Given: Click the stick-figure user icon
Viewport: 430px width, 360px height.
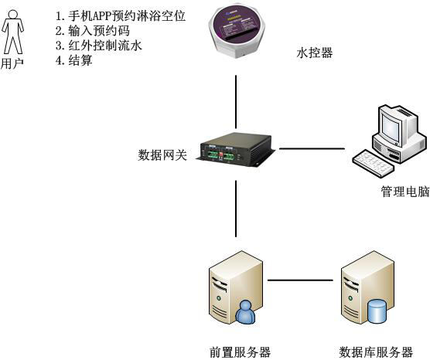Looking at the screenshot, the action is [13, 32].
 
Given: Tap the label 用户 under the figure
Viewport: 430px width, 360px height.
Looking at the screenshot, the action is [12, 63].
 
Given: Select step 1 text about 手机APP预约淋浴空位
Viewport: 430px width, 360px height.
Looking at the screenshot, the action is [121, 16].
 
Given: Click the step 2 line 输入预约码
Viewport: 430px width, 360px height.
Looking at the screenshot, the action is [92, 31].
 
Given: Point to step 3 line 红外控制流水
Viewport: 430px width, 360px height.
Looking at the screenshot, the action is [99, 46].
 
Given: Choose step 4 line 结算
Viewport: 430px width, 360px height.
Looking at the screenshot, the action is [73, 60].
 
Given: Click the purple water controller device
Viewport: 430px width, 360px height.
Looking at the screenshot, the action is [237, 32].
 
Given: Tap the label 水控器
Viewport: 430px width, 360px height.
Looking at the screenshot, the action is [315, 53].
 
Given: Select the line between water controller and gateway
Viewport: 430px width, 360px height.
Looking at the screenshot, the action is [236, 102].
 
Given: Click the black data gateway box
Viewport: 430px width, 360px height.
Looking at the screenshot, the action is [236, 150].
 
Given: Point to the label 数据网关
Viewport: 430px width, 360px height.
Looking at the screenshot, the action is [162, 155].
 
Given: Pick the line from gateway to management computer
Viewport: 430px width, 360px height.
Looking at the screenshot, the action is [312, 149].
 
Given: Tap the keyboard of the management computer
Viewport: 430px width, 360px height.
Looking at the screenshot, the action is [374, 163].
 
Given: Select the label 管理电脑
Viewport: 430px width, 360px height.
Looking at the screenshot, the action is [405, 192].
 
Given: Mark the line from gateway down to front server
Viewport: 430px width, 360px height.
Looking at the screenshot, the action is [236, 209].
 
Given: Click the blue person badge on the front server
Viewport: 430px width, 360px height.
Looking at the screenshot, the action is [245, 312].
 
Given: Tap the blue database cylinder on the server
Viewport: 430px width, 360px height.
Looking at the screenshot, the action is [377, 311].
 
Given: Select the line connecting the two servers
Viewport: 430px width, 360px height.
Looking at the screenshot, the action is [300, 280].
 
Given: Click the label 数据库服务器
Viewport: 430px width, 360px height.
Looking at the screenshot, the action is [376, 352].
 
